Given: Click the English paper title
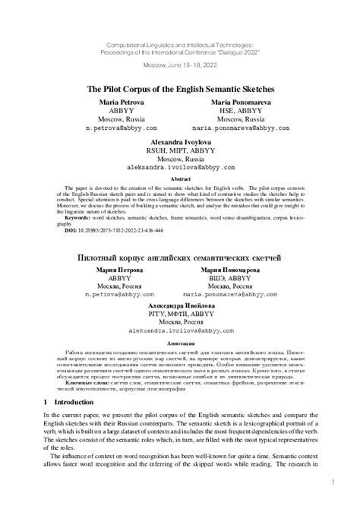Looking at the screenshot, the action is click(x=180, y=89).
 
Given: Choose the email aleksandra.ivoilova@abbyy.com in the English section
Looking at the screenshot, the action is click(x=180, y=166).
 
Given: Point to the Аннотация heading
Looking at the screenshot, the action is click(x=180, y=343).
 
